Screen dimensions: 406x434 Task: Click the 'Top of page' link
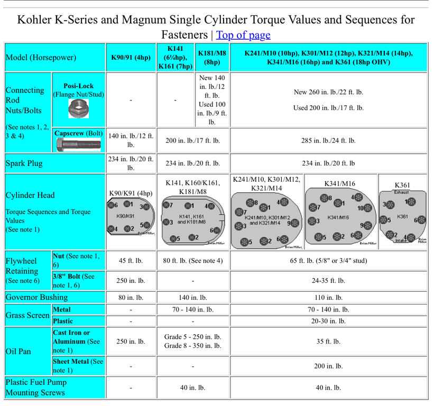tap(243, 35)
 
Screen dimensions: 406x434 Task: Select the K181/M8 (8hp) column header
tap(212, 57)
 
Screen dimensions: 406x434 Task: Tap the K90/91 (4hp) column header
tap(131, 57)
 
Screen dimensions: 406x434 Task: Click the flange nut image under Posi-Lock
tap(79, 109)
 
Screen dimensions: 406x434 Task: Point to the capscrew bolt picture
tap(79, 144)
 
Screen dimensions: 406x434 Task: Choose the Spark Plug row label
tap(24, 163)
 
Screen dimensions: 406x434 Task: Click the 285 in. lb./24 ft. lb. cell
tap(328, 141)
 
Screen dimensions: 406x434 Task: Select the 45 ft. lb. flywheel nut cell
tap(131, 260)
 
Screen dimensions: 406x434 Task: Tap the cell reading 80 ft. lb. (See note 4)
tap(193, 260)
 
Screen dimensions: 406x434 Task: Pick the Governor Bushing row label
tap(36, 297)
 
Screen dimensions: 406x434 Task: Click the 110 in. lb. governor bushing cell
tap(328, 298)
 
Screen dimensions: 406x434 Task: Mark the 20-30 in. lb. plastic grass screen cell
tap(328, 321)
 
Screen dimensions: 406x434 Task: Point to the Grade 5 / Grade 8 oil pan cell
tap(193, 342)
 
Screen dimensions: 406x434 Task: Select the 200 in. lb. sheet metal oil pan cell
tap(328, 366)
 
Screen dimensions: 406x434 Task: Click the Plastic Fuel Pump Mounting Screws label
tap(36, 387)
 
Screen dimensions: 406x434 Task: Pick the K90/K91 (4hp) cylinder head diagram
tap(131, 217)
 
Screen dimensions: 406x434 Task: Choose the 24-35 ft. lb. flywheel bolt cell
tap(328, 281)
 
